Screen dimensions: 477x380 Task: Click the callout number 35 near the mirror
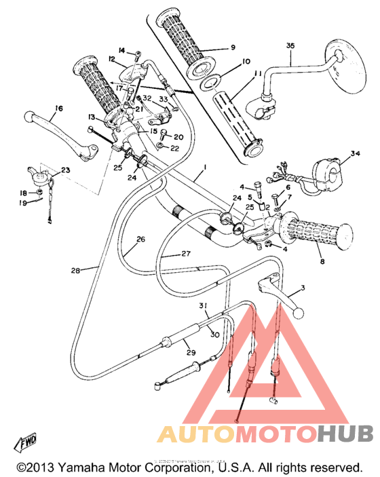(x=290, y=45)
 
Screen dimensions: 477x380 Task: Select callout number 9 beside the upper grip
(x=232, y=47)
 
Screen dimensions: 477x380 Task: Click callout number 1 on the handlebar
(x=204, y=166)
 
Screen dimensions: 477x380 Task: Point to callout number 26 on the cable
(x=140, y=239)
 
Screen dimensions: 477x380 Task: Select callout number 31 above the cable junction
(x=203, y=307)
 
